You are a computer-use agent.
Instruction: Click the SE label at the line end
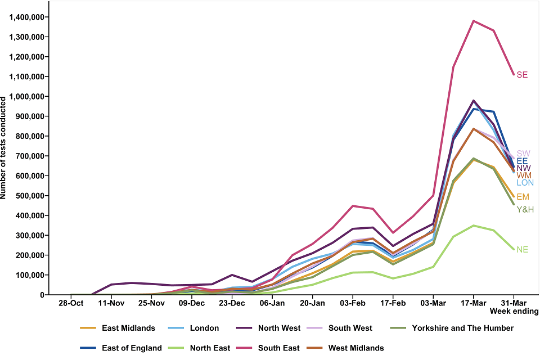coord(522,75)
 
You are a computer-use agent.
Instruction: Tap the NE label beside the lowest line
coord(522,249)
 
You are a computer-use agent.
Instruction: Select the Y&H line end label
coord(525,209)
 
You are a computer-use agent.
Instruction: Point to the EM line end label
coord(523,197)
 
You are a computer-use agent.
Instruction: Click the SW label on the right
coord(523,154)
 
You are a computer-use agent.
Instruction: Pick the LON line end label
coord(525,183)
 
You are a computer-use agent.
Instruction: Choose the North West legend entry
coord(279,328)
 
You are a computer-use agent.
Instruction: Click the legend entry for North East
coord(209,348)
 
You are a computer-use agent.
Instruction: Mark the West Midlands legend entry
coord(355,348)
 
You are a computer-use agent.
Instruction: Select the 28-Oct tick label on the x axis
coord(71,303)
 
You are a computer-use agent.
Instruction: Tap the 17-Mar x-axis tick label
coord(473,303)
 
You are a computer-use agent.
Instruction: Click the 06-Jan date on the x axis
coord(272,303)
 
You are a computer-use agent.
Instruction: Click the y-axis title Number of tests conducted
coord(4,147)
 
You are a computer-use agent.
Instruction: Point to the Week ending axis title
coord(514,311)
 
